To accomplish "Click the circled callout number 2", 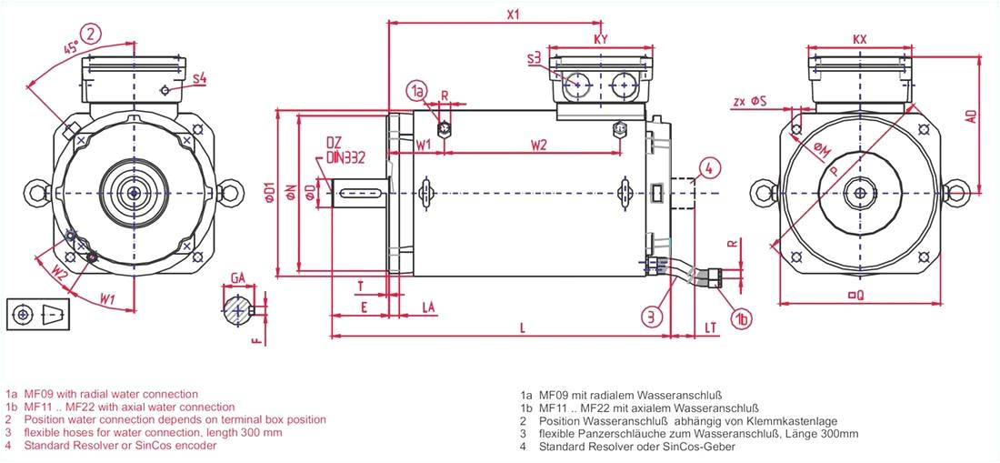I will [x=92, y=35].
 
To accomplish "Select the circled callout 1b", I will [x=743, y=317].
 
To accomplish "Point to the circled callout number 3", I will [x=651, y=317].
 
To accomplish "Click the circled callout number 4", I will [x=710, y=166].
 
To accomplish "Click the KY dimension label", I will [x=600, y=39].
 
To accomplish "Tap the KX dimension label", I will [x=860, y=40].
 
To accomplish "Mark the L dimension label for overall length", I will [x=521, y=327].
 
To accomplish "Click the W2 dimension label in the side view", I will [x=538, y=145].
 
